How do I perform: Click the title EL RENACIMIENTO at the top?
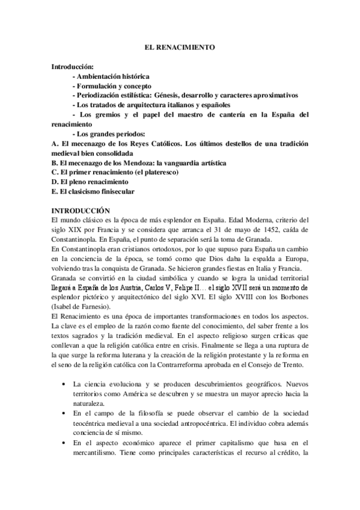click(x=180, y=46)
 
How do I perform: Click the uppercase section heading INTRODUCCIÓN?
click(x=81, y=210)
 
